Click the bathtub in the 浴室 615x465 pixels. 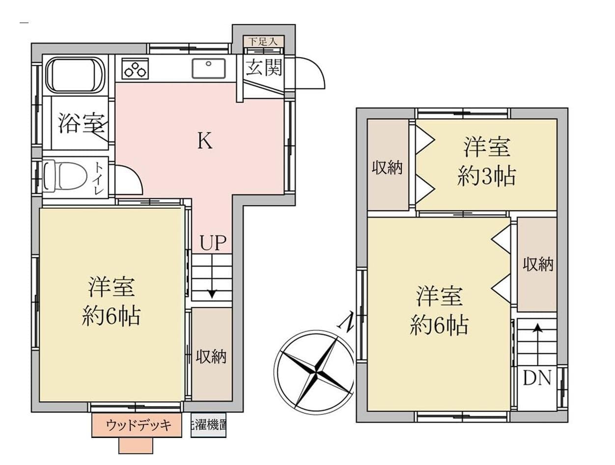click(x=76, y=75)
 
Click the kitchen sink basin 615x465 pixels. click(x=209, y=68)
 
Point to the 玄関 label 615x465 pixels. click(x=264, y=68)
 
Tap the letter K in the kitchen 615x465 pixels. click(x=205, y=141)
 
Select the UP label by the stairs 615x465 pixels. click(x=213, y=243)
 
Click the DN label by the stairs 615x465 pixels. click(x=537, y=378)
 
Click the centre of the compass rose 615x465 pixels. click(x=314, y=370)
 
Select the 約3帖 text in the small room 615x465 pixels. click(x=486, y=176)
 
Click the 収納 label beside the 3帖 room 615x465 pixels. click(x=387, y=168)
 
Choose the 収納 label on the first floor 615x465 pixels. click(x=211, y=357)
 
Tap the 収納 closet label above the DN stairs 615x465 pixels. click(x=537, y=265)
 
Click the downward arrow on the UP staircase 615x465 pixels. click(x=212, y=293)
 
